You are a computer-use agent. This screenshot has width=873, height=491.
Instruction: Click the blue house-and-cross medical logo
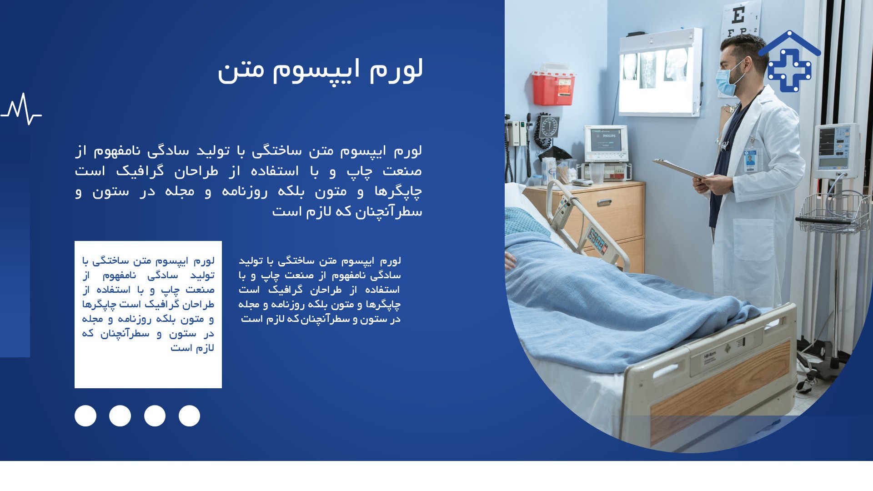click(x=789, y=61)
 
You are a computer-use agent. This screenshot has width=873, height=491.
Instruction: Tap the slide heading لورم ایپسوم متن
click(x=320, y=70)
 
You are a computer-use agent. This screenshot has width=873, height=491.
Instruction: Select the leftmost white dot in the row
click(x=85, y=416)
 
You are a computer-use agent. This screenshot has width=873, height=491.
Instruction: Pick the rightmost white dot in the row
click(x=189, y=416)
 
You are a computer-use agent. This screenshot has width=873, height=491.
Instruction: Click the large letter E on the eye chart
click(x=738, y=16)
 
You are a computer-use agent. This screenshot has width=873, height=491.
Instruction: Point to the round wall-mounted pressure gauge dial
click(x=548, y=126)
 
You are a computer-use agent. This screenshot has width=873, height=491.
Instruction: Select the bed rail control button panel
click(x=597, y=240)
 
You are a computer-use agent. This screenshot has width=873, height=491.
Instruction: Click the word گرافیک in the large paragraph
click(x=140, y=171)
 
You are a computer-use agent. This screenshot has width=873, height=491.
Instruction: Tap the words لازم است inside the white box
click(x=192, y=348)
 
